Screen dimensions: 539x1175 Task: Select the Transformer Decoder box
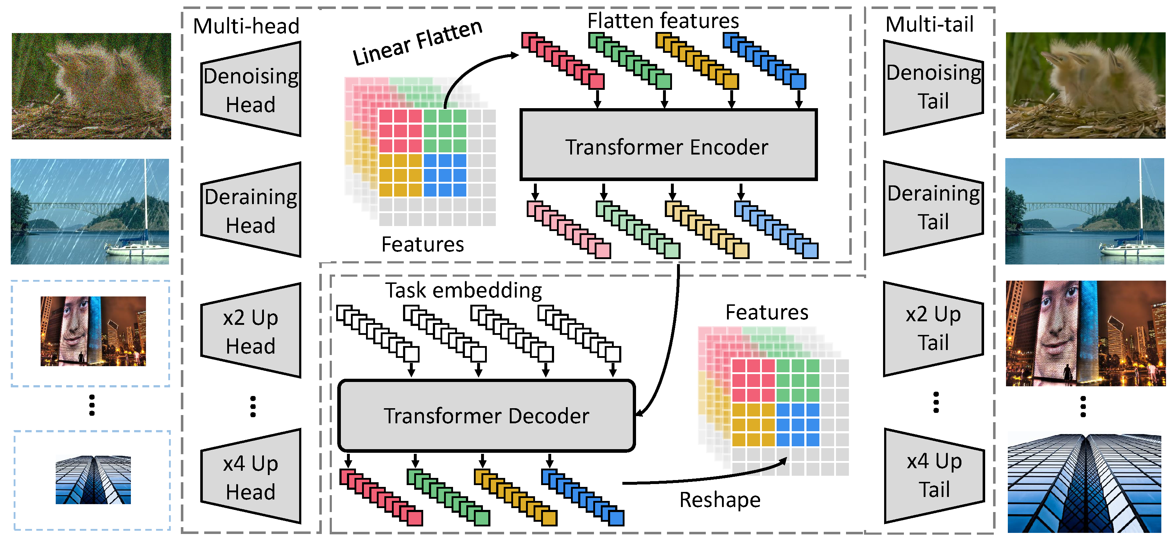coord(486,415)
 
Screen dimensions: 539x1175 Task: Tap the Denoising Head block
coord(251,90)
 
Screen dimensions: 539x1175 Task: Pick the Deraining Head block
coord(251,210)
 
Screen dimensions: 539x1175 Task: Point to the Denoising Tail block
coord(933,87)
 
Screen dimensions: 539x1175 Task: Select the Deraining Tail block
coord(933,207)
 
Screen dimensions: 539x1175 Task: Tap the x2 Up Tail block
coord(933,328)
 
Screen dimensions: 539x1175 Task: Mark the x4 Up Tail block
coord(934,475)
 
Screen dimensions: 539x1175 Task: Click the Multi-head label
coord(246,26)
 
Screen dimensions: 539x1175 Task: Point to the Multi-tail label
coord(929,24)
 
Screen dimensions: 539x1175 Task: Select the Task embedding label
coord(463,290)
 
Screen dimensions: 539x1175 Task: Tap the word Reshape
coord(720,500)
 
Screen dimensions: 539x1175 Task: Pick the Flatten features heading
coord(663,21)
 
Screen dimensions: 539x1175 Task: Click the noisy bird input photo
coord(91,86)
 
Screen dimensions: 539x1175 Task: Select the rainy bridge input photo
coord(90,212)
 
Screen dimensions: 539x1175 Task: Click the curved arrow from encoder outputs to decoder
coord(671,346)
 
